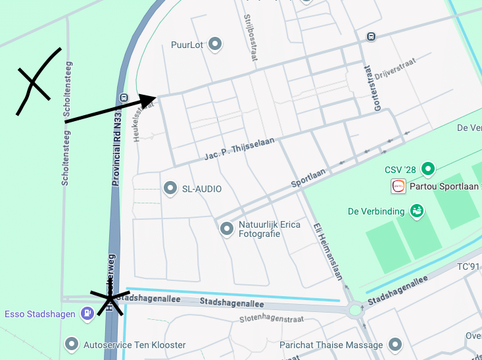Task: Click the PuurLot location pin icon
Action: (214, 45)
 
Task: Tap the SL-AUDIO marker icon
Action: (170, 189)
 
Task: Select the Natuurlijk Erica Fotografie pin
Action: (227, 229)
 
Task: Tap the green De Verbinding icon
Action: (416, 211)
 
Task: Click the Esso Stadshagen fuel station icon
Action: (86, 314)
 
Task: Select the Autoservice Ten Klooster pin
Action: (72, 344)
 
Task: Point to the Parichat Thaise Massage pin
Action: (395, 344)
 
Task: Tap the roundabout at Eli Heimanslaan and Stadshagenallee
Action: (356, 309)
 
